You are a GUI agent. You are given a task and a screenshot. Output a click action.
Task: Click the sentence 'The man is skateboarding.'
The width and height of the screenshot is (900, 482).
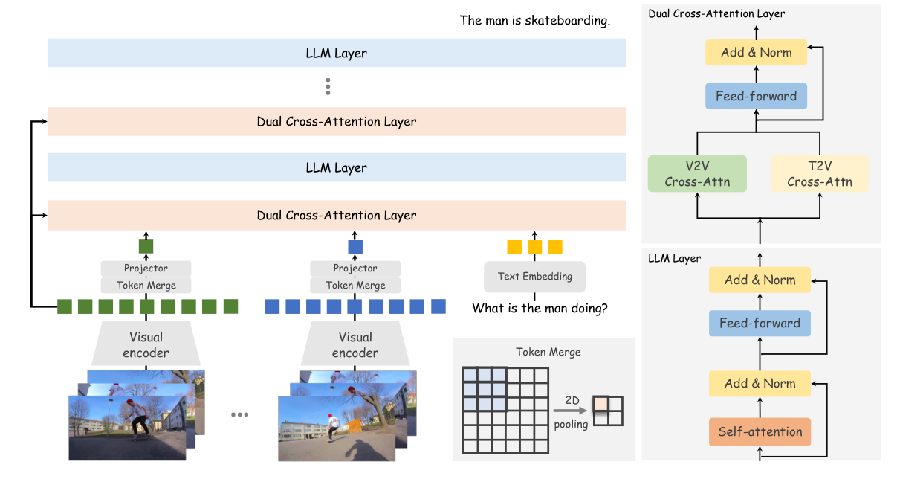point(535,21)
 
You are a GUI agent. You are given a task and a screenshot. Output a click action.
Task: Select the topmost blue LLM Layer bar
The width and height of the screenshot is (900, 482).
point(336,53)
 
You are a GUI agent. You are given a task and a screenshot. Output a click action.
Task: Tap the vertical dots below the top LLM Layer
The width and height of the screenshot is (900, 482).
point(327,87)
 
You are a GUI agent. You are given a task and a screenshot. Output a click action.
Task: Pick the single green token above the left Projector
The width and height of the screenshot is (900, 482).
point(146,246)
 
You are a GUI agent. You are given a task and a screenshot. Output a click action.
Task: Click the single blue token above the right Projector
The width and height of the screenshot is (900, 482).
point(355,246)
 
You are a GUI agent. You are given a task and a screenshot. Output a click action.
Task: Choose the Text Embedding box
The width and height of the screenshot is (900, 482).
point(534,277)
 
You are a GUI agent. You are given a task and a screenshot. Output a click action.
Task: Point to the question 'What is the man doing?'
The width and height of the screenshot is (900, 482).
point(540,308)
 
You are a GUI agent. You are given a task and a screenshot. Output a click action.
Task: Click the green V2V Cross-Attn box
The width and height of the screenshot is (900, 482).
point(697,174)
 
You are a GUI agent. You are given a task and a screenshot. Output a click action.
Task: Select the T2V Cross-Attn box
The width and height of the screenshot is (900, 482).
point(820,174)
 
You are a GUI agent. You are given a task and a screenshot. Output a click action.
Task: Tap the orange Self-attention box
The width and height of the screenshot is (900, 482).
point(760,431)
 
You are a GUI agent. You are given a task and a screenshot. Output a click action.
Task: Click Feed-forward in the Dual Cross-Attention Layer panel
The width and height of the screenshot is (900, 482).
point(756,96)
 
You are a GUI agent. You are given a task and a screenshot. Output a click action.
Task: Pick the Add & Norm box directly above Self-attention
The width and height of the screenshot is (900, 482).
point(760,384)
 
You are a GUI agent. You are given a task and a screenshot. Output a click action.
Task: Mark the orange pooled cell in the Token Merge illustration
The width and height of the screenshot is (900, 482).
point(600,404)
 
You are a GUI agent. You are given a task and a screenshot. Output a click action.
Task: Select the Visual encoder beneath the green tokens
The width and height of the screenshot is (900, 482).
point(146,345)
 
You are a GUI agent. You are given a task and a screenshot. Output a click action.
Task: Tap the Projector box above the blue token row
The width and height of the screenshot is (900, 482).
point(355,269)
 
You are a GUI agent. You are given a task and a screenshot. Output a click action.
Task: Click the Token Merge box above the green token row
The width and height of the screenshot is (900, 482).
point(146,285)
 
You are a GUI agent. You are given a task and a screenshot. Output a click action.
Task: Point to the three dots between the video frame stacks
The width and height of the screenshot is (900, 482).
point(239,414)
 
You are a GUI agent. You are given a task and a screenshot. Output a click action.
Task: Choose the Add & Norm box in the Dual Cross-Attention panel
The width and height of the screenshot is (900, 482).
point(756,53)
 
